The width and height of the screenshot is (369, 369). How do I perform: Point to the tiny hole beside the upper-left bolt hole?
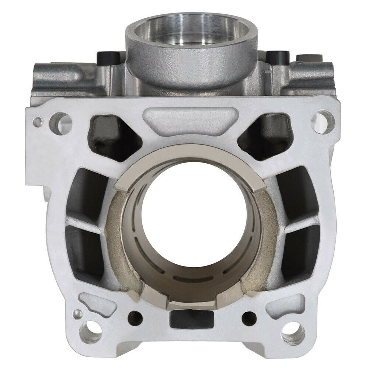click(x=37, y=121)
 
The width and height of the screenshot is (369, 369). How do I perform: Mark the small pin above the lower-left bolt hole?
click(x=76, y=314)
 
